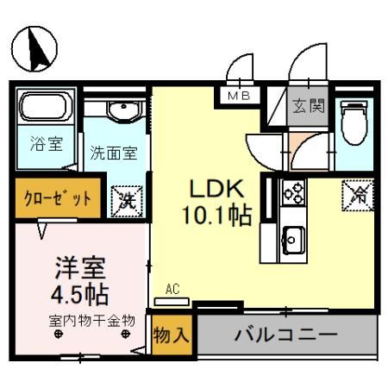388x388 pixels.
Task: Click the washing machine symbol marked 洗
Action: (127, 200)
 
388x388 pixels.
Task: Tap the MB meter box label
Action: (239, 96)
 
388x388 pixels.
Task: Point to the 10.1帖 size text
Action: (216, 215)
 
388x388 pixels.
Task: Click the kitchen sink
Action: (292, 235)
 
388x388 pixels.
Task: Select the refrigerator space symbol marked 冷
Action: (356, 194)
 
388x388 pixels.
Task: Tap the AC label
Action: (172, 291)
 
